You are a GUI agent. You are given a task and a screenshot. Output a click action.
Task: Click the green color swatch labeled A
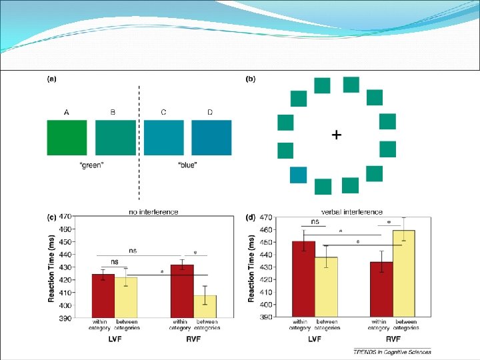pyautogui.click(x=66, y=137)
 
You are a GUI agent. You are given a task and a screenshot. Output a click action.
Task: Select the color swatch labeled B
pyautogui.click(x=115, y=137)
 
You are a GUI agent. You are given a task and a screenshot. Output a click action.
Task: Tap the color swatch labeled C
pyautogui.click(x=163, y=137)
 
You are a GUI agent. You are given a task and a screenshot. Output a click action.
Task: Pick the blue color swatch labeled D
pyautogui.click(x=211, y=137)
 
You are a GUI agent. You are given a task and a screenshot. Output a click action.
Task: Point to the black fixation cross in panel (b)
pyautogui.click(x=337, y=135)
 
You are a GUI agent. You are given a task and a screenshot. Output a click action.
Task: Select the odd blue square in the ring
pyautogui.click(x=299, y=175)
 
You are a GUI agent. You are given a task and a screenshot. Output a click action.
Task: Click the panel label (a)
pyautogui.click(x=51, y=79)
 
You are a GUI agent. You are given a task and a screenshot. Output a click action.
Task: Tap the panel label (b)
pyautogui.click(x=251, y=79)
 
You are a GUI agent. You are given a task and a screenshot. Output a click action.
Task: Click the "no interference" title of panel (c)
pyautogui.click(x=153, y=212)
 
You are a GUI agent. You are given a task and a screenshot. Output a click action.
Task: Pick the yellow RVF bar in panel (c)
pyautogui.click(x=205, y=306)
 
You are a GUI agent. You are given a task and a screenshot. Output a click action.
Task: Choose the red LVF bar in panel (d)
pyautogui.click(x=304, y=279)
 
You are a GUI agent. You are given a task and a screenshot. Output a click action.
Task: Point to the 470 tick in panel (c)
pyautogui.click(x=65, y=217)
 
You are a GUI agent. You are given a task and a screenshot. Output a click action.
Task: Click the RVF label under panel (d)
pyautogui.click(x=392, y=339)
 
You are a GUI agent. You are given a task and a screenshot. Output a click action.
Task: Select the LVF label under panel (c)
pyautogui.click(x=115, y=339)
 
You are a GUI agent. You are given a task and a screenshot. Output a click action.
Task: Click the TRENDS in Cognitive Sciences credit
pyautogui.click(x=392, y=352)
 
